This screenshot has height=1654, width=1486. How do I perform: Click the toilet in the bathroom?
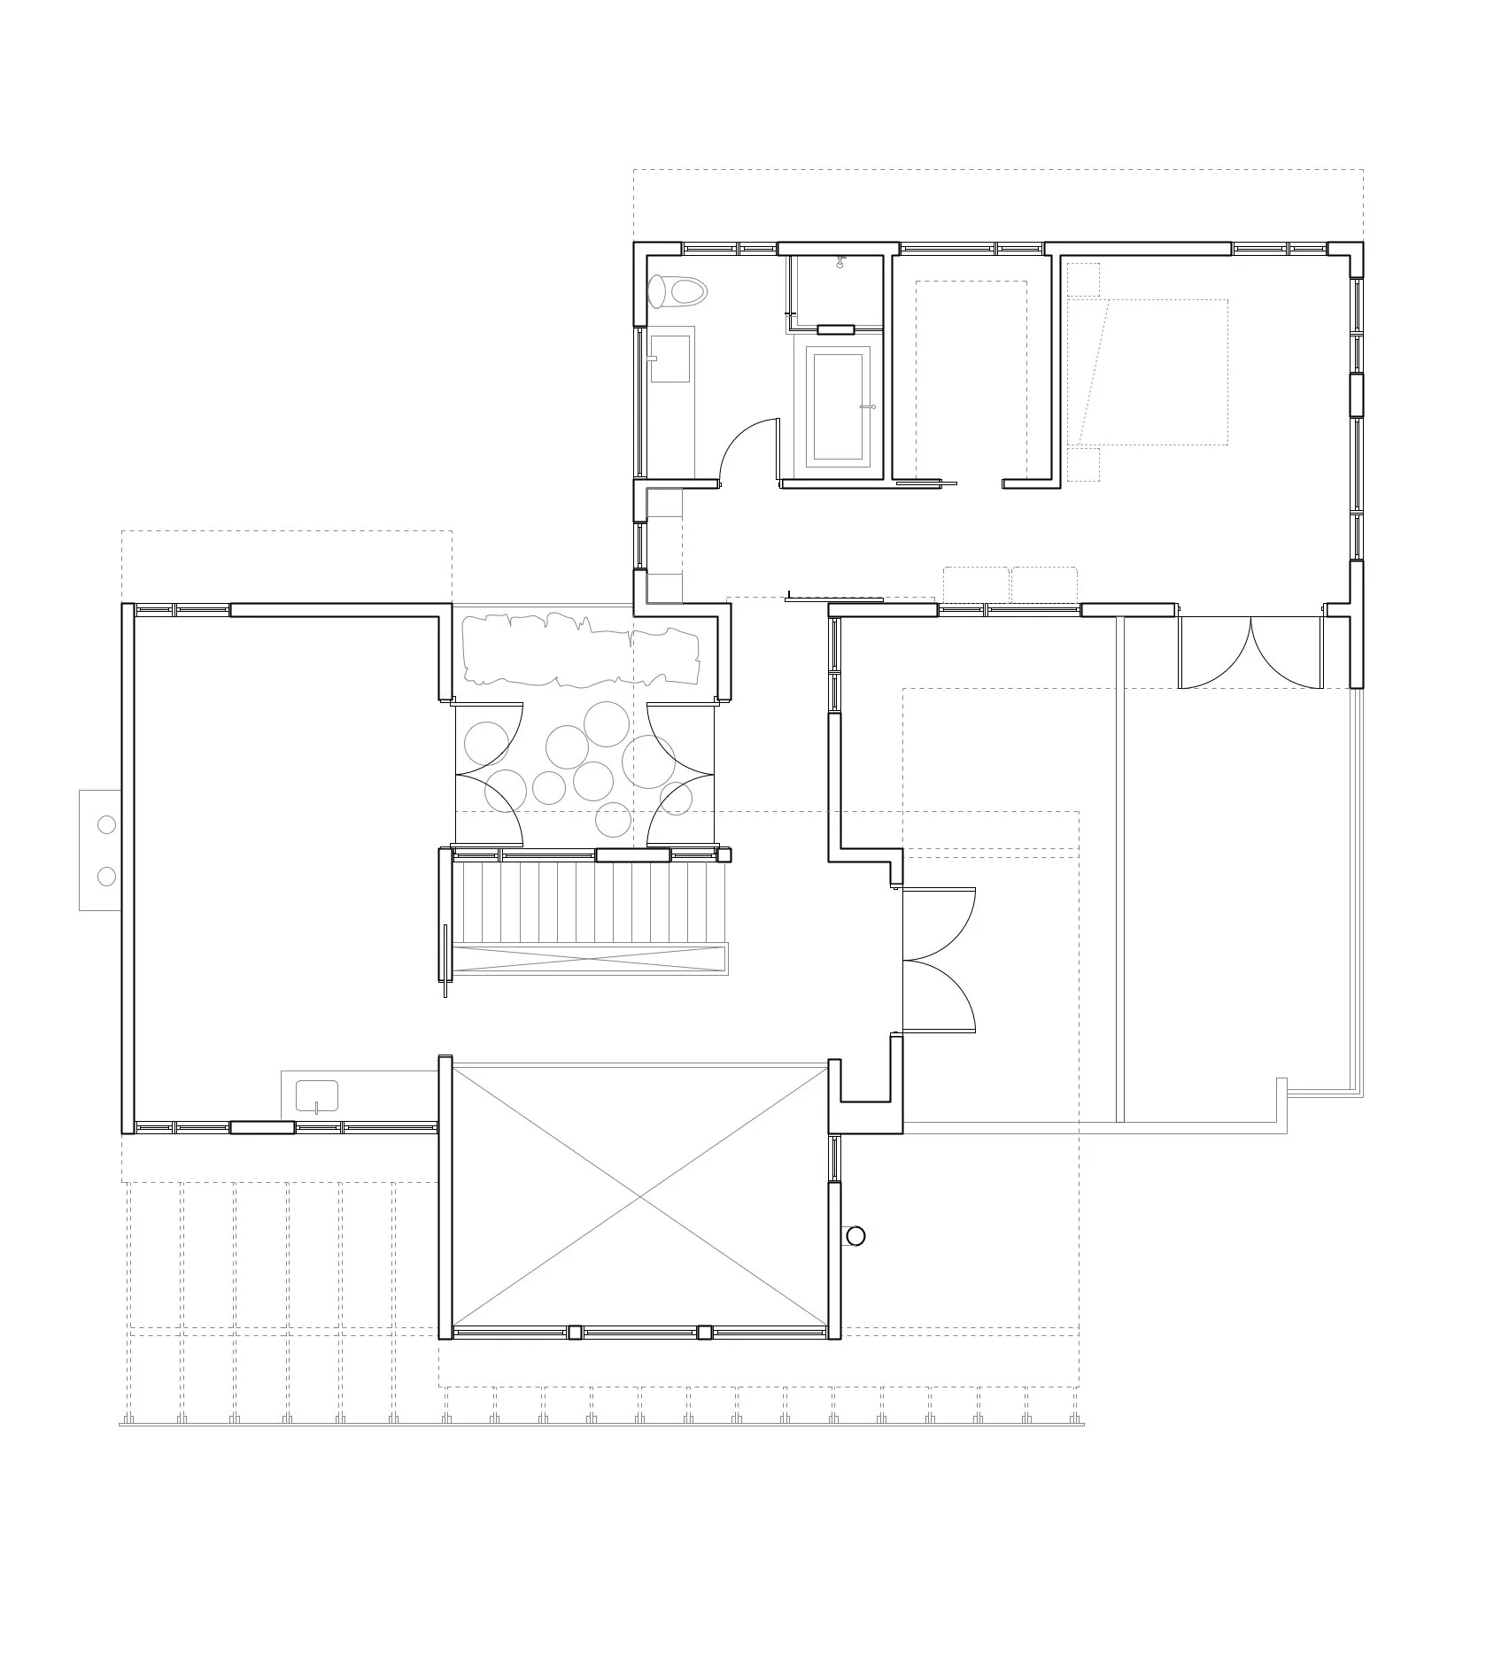677,290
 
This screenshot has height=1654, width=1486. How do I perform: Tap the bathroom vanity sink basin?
670,359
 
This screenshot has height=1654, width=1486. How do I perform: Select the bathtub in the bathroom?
838,406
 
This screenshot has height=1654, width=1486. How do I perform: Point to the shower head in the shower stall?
839,263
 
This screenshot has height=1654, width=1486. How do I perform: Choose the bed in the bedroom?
1151,372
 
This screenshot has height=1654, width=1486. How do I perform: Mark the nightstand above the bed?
1082,279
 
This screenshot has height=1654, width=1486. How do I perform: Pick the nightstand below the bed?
1082,464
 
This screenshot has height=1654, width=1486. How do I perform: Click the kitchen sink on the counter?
317,1095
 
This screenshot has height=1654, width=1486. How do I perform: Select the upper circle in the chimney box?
106,824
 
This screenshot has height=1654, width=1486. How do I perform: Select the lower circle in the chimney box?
106,877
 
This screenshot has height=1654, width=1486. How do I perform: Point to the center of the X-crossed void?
640,1199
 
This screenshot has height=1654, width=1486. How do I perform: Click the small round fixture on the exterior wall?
855,1236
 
